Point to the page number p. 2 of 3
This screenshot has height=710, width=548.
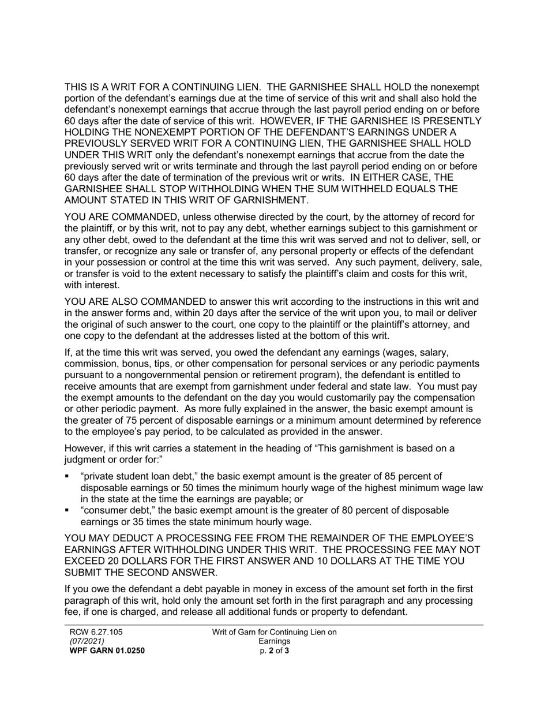tap(275, 651)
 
